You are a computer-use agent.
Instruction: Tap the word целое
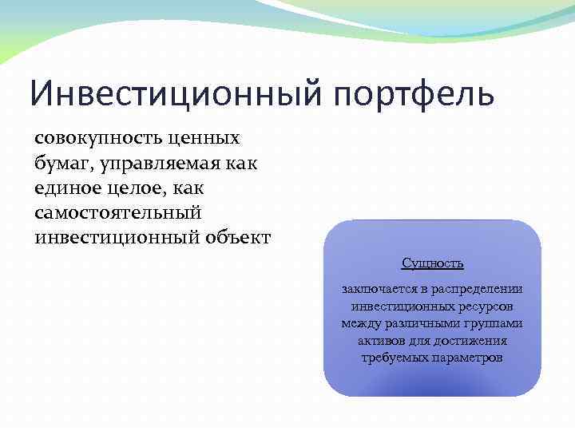pyautogui.click(x=149, y=188)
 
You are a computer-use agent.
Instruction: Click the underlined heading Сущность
pyautogui.click(x=432, y=263)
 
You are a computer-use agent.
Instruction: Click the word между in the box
pyautogui.click(x=359, y=324)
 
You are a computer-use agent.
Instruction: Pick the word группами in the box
pyautogui.click(x=495, y=324)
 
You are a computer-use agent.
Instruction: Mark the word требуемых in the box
pyautogui.click(x=395, y=358)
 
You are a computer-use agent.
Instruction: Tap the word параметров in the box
pyautogui.click(x=469, y=358)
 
